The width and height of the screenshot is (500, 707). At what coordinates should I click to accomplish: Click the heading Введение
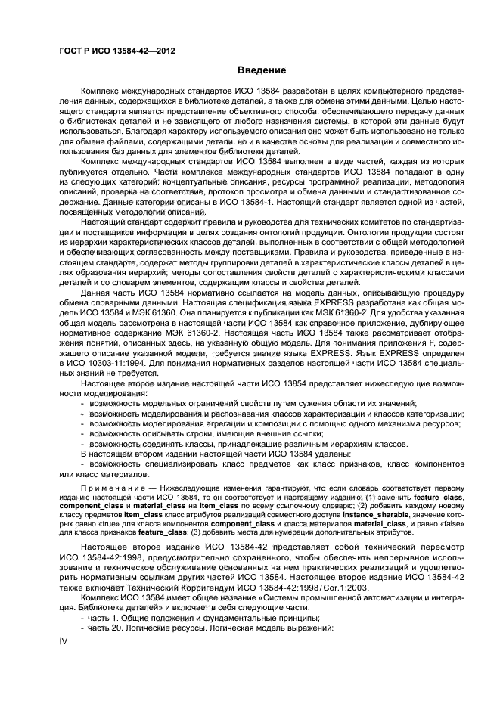[x=261, y=70]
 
